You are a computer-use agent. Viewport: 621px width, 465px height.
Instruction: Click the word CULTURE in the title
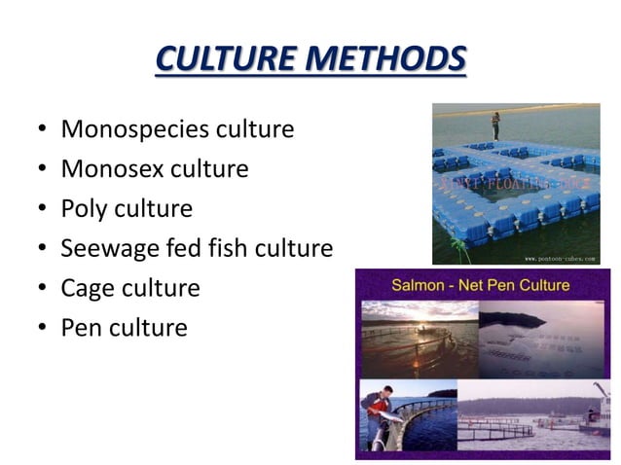tap(224, 59)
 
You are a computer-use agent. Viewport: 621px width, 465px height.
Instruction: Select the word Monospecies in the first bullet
tap(124, 129)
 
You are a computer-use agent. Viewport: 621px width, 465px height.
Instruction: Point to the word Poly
tap(85, 209)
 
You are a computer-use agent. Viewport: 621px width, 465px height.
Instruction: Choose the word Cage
tap(88, 289)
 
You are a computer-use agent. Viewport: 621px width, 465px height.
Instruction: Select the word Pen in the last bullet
tap(81, 328)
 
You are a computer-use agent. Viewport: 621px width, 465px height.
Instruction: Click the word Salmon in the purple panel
tap(422, 286)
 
